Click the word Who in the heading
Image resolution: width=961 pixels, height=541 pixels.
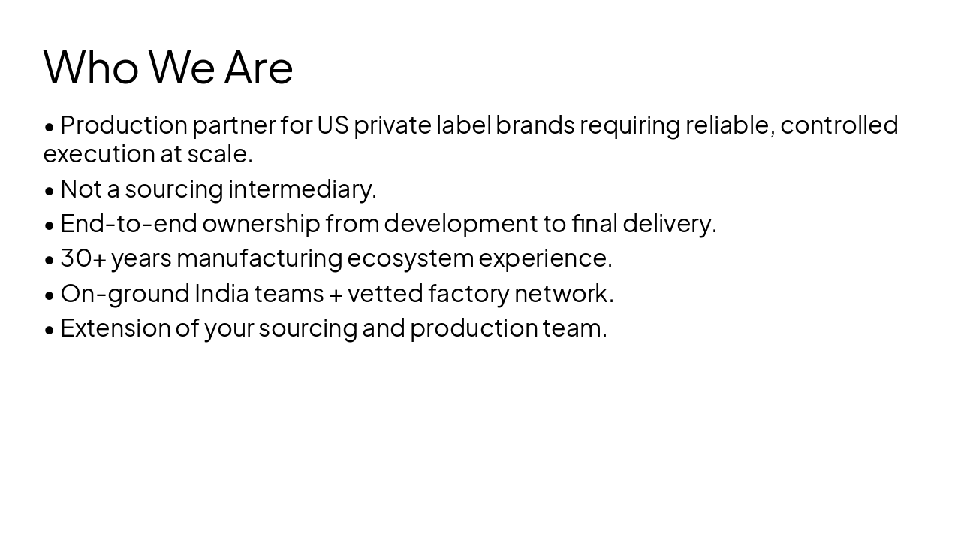click(x=91, y=67)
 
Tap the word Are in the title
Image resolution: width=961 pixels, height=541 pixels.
click(x=258, y=67)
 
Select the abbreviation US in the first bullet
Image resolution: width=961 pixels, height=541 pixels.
click(x=333, y=125)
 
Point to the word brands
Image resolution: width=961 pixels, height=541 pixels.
click(x=535, y=125)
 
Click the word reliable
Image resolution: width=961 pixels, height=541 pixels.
click(x=729, y=125)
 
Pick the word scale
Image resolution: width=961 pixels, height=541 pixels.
click(x=219, y=153)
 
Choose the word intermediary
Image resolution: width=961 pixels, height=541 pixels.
click(x=302, y=189)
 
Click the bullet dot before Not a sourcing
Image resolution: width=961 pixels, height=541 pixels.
click(x=50, y=191)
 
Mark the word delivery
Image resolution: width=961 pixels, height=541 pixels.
click(x=669, y=223)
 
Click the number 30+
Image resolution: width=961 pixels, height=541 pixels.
click(x=83, y=258)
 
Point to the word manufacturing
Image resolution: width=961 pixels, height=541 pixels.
click(x=259, y=258)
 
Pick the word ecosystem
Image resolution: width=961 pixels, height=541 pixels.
click(x=410, y=258)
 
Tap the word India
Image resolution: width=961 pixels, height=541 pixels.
click(x=221, y=293)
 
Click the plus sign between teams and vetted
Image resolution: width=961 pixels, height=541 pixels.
click(x=336, y=295)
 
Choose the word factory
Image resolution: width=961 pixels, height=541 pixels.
click(x=468, y=293)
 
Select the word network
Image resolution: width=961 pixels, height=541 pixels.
click(x=563, y=293)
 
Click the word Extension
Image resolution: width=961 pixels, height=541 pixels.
click(x=116, y=328)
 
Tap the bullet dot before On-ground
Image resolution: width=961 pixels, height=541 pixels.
click(x=50, y=295)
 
